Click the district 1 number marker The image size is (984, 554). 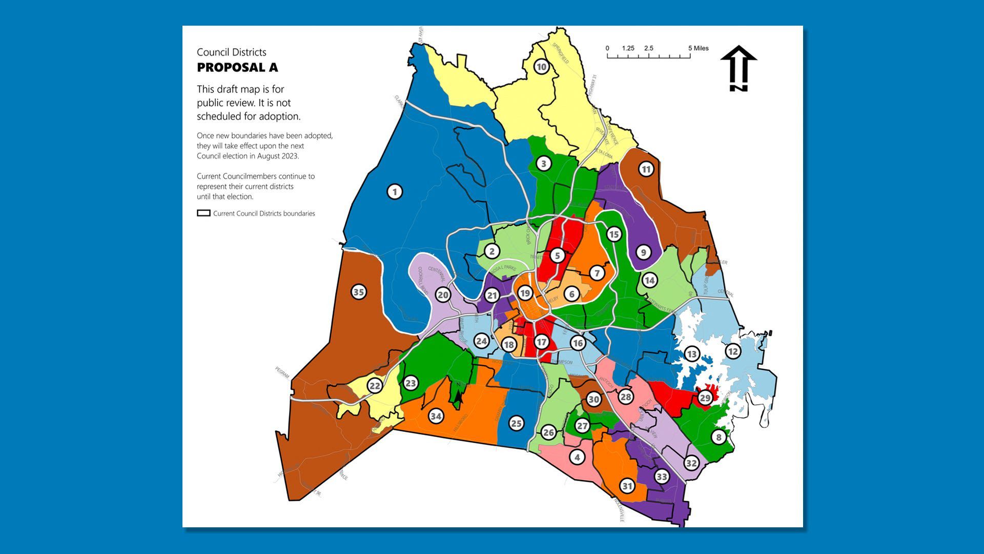tap(395, 192)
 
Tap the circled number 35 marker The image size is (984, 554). tap(359, 292)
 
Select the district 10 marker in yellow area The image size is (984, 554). tap(541, 67)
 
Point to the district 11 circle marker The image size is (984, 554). tap(646, 169)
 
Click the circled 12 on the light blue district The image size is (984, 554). tap(733, 351)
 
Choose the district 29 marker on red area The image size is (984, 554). tap(705, 398)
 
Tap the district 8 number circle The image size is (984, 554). tap(719, 437)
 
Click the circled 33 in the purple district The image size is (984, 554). tap(662, 477)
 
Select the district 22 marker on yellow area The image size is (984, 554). tap(375, 386)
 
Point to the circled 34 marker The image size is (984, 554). tap(436, 416)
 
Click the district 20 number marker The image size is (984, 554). tap(443, 295)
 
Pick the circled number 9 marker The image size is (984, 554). tap(643, 252)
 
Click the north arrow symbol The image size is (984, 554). tap(739, 68)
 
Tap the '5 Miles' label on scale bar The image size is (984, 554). tap(698, 48)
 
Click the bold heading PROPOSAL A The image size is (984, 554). tap(237, 67)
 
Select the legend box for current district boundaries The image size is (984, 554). tap(203, 213)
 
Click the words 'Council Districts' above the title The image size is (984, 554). tap(232, 52)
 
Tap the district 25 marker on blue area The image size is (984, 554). tap(516, 423)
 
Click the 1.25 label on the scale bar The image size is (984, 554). tap(628, 48)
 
